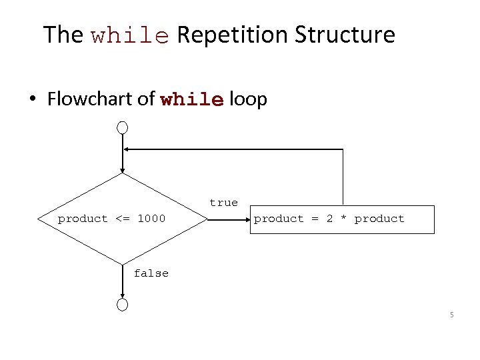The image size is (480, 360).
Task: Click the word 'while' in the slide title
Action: pyautogui.click(x=130, y=35)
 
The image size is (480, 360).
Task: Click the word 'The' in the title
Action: pyautogui.click(x=63, y=34)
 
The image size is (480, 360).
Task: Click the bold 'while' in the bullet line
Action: pyautogui.click(x=192, y=100)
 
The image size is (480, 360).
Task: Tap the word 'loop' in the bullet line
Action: pyautogui.click(x=248, y=100)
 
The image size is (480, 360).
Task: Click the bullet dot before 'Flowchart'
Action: pyautogui.click(x=32, y=100)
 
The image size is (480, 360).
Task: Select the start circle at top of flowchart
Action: pyautogui.click(x=123, y=127)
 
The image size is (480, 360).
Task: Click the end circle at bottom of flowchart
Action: pyautogui.click(x=123, y=305)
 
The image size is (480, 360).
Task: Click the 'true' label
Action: pyautogui.click(x=223, y=203)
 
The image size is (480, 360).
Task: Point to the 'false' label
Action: pyautogui.click(x=151, y=273)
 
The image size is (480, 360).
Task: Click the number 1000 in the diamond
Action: pyautogui.click(x=151, y=219)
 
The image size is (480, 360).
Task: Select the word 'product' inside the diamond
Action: pyautogui.click(x=83, y=219)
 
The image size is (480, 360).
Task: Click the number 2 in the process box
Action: pyautogui.click(x=329, y=219)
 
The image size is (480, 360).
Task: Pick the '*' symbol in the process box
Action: pyautogui.click(x=343, y=219)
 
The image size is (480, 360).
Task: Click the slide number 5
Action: pyautogui.click(x=451, y=315)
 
